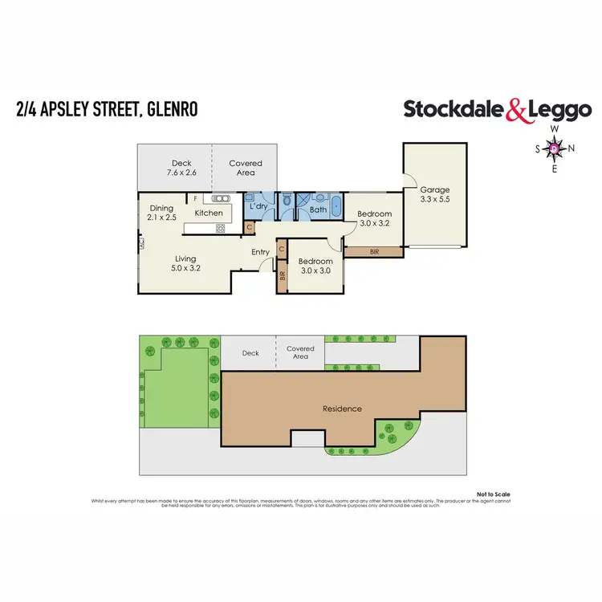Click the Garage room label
point(434,190)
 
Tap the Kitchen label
point(209,213)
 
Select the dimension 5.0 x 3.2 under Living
point(186,268)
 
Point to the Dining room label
point(161,207)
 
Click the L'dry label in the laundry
point(258,207)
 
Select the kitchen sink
point(220,197)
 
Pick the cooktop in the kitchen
point(218,229)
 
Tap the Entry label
point(260,252)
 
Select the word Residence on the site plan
point(342,409)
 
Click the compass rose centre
point(553,148)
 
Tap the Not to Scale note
point(494,494)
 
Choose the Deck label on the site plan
point(250,352)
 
